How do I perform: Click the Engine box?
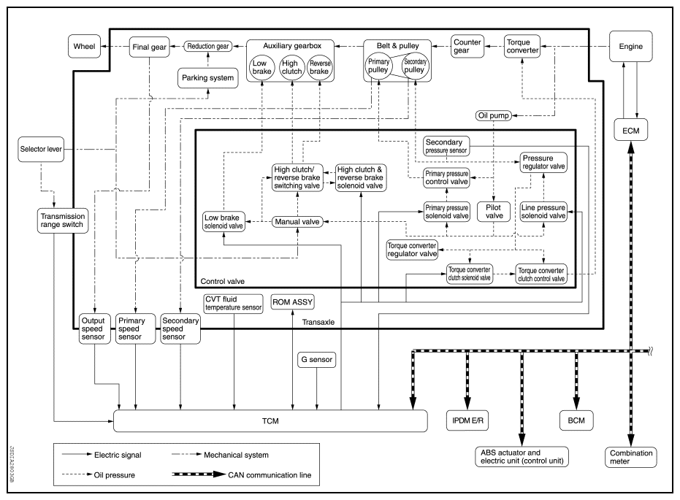coord(630,47)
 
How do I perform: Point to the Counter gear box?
coord(467,47)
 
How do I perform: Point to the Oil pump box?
coord(494,115)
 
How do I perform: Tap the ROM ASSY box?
coord(292,301)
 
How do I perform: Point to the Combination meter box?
coord(631,457)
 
